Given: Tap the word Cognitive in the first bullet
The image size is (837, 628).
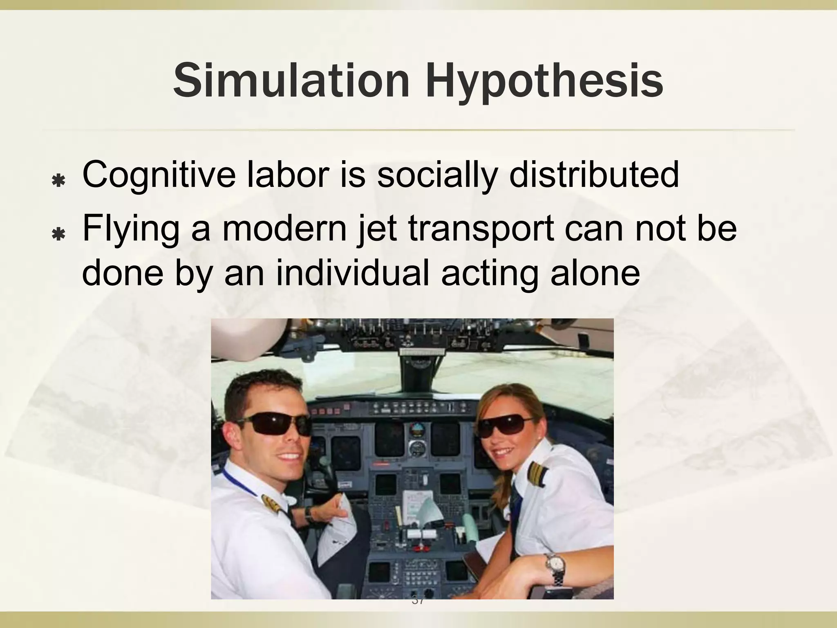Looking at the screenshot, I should coord(159,175).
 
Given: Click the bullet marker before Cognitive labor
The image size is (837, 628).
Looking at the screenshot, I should coord(59,180).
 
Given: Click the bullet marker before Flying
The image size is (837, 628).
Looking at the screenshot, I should coord(59,234).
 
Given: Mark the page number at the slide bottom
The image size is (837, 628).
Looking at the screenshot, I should coord(418,601).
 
